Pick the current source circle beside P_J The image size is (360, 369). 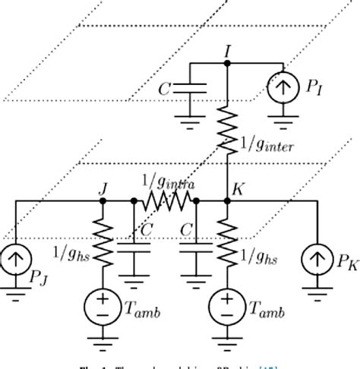[14, 260]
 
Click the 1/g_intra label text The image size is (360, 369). [165, 183]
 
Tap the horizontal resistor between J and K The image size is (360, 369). [165, 202]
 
